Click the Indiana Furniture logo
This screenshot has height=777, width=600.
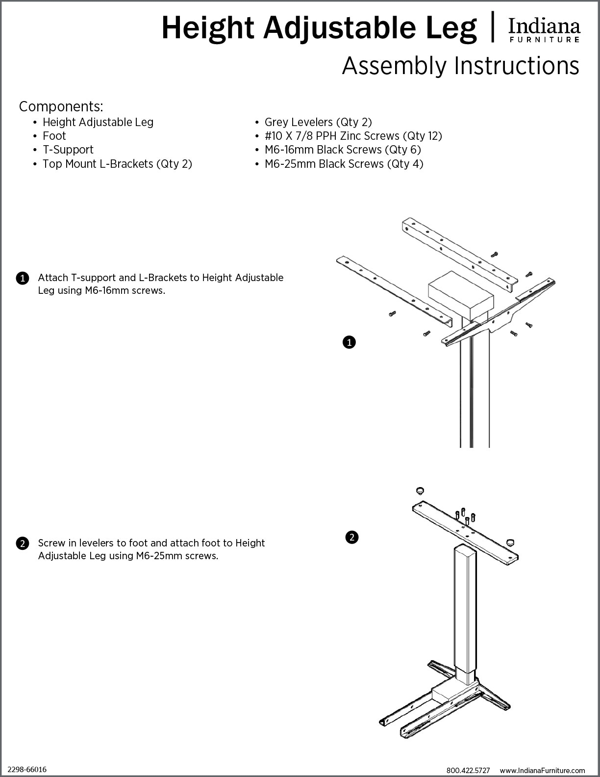(544, 29)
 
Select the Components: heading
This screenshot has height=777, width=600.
(61, 106)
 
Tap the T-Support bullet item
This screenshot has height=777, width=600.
(68, 150)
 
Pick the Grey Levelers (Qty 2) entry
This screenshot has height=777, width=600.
(318, 122)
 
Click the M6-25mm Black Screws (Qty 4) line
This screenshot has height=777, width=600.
(344, 164)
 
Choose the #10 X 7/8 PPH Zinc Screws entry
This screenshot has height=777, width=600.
(353, 136)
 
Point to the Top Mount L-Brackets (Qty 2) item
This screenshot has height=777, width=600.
(117, 164)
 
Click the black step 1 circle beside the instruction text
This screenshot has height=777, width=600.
(23, 279)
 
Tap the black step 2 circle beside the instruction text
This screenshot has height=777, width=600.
(23, 544)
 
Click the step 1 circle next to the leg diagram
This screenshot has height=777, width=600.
(349, 342)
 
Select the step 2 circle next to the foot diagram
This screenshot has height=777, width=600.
(351, 537)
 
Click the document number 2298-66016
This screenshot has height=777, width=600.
(27, 769)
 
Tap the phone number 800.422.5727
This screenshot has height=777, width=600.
(468, 771)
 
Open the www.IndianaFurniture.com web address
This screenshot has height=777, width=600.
(542, 771)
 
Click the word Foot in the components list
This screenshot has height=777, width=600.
(54, 136)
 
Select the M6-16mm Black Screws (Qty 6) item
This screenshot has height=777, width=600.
(343, 150)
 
